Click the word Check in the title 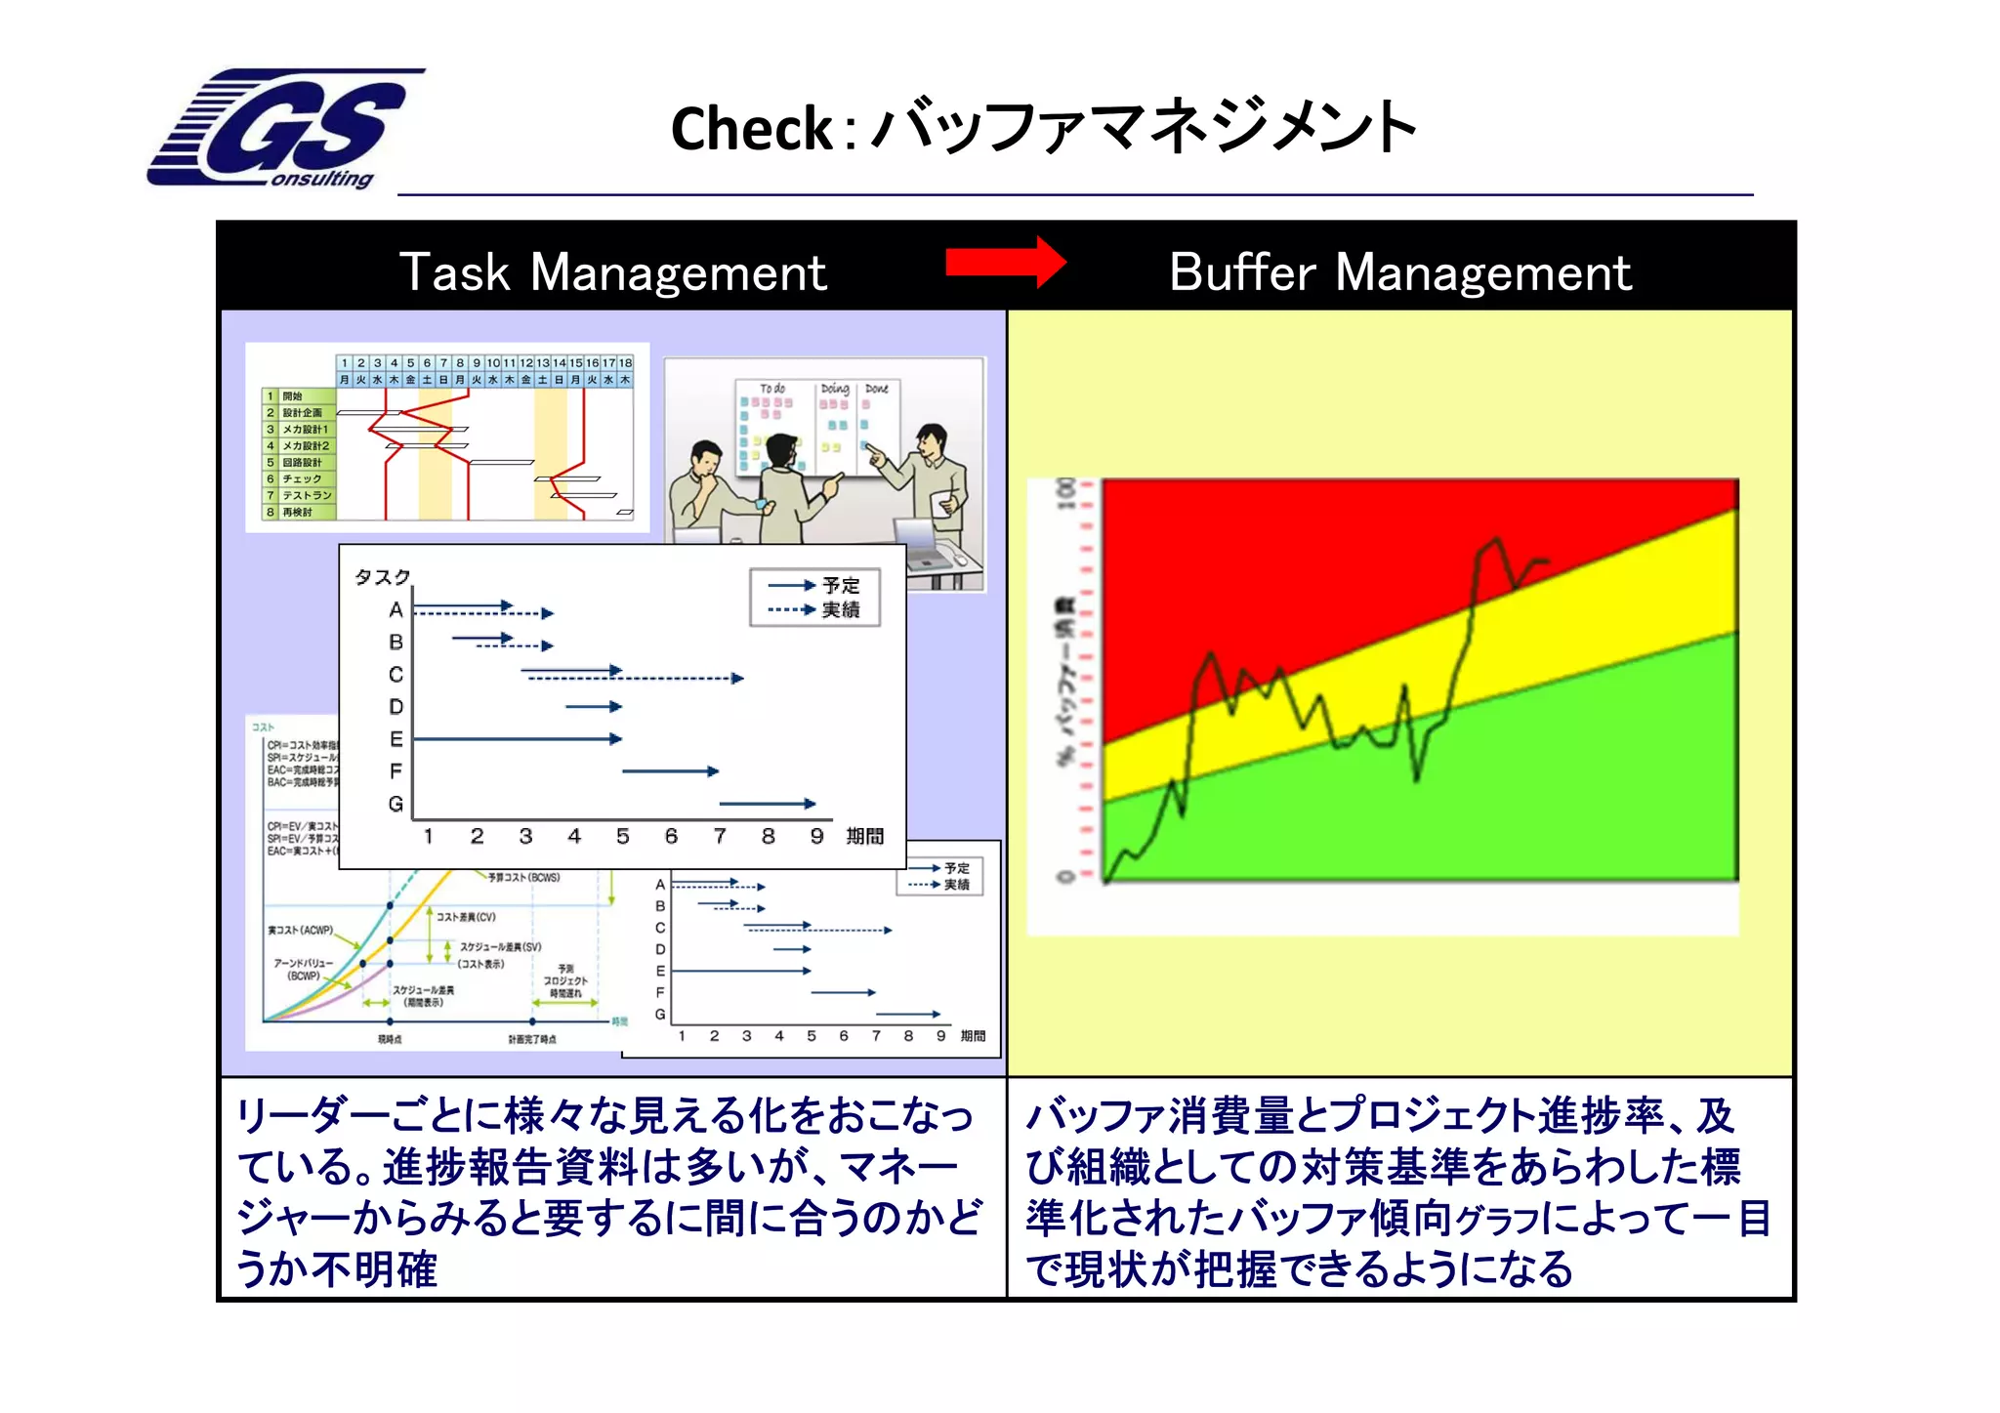(x=751, y=129)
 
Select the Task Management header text (x=612, y=272)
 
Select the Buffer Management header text (x=1399, y=272)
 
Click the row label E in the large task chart (x=396, y=739)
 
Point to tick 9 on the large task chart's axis (x=816, y=837)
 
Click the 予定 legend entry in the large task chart (x=840, y=586)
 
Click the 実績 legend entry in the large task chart (x=840, y=610)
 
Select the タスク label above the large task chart (x=382, y=577)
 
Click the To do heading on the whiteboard (x=772, y=389)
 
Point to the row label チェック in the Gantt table (x=302, y=479)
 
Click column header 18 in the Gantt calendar (x=625, y=363)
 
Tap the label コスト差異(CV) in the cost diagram (x=466, y=917)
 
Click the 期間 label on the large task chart (x=864, y=837)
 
